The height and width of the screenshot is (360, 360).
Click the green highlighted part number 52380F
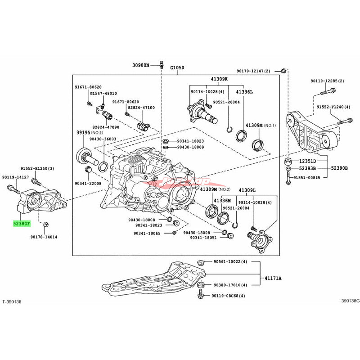click(22, 223)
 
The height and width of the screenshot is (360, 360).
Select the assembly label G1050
click(177, 67)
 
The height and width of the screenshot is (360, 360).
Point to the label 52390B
click(340, 168)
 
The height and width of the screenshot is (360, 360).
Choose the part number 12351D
click(308, 161)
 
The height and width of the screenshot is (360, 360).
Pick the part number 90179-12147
click(253, 71)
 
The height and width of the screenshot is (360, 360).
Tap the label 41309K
click(219, 79)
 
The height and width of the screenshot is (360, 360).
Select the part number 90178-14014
click(44, 237)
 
